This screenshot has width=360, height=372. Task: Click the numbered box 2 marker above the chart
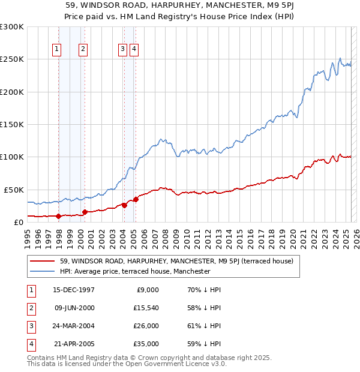pos(83,50)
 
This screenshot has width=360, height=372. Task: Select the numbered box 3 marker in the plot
pos(122,50)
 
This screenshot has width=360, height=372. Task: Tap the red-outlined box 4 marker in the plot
pos(134,50)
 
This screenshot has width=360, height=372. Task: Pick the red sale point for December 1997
pos(58,216)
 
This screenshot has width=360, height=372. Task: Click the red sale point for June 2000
pos(85,212)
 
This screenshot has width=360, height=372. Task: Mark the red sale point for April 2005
pos(136,199)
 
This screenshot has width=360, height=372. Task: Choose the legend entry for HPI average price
pos(134,271)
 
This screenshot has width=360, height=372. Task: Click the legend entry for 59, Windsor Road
pos(176,261)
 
